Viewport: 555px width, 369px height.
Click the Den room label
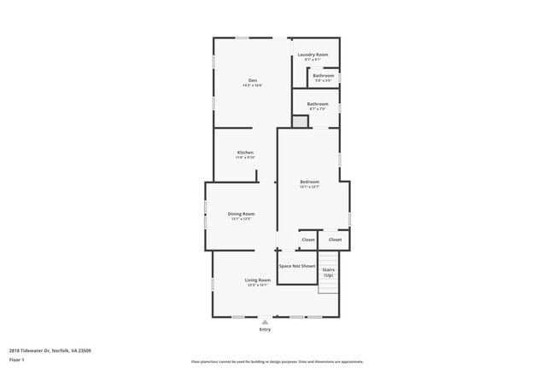pos(253,80)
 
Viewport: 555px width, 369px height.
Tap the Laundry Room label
pos(313,55)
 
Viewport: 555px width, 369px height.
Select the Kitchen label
pos(245,153)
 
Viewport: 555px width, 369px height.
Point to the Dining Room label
pos(241,214)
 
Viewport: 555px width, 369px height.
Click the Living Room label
pos(258,280)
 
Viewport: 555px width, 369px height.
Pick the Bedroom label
pos(309,182)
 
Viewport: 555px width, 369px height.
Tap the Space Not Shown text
pos(297,266)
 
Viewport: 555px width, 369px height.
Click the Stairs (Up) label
pos(328,273)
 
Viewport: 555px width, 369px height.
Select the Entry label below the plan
pos(265,330)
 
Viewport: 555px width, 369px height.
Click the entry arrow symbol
pos(265,321)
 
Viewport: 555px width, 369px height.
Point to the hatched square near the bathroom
pos(300,122)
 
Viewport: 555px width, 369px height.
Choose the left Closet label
pos(308,239)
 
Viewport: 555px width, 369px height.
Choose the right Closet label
pos(335,239)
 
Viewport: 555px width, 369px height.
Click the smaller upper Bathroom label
pos(324,76)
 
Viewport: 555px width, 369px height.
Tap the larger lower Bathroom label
pos(318,104)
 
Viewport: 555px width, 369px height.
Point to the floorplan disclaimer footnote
pos(277,362)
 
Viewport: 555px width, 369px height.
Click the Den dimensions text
pos(253,85)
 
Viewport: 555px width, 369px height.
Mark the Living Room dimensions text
pos(258,285)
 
